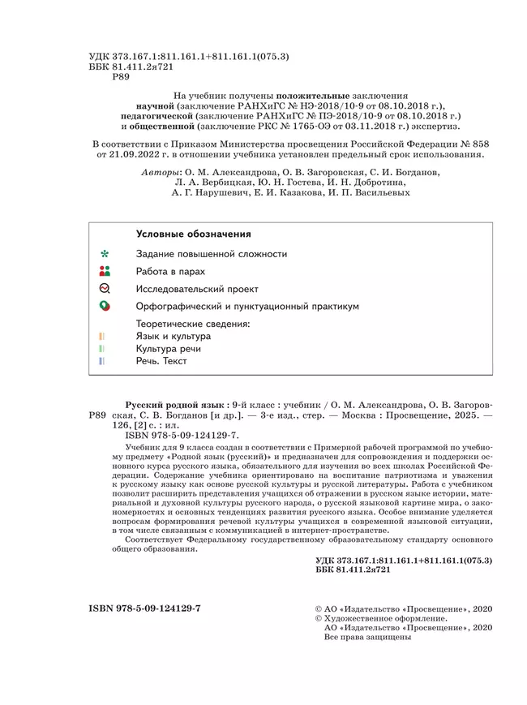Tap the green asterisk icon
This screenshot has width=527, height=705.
click(x=104, y=254)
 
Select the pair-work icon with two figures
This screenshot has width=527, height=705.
click(x=104, y=272)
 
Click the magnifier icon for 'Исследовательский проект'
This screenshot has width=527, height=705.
click(x=104, y=289)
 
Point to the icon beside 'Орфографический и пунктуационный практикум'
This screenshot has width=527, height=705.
click(x=104, y=307)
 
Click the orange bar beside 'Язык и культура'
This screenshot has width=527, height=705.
click(x=101, y=336)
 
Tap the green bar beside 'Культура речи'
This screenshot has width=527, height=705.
click(x=101, y=349)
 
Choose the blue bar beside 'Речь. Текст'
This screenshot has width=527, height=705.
click(x=101, y=361)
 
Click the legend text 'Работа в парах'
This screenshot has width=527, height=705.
click(x=170, y=272)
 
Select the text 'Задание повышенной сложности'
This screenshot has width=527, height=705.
click(x=212, y=254)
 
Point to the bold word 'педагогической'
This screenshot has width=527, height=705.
click(x=155, y=116)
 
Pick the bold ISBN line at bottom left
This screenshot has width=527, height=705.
click(x=144, y=608)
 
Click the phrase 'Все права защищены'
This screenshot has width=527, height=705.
click(x=366, y=638)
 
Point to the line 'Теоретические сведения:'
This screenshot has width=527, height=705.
click(x=193, y=323)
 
